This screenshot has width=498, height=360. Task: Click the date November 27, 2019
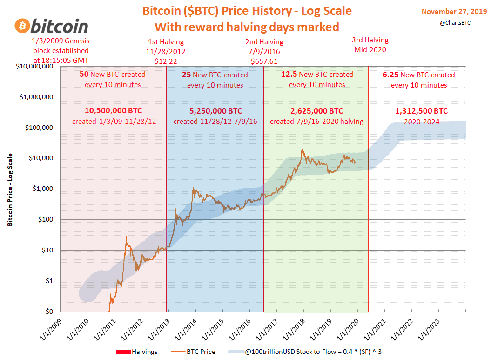[x=454, y=12]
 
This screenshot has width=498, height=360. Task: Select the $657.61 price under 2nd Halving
[x=264, y=61]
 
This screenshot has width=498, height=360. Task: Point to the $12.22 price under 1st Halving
[x=166, y=61]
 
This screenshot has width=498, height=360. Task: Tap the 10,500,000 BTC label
[x=113, y=111]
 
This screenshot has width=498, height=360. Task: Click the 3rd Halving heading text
[x=370, y=40]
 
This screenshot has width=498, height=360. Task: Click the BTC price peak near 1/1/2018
[x=303, y=150]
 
